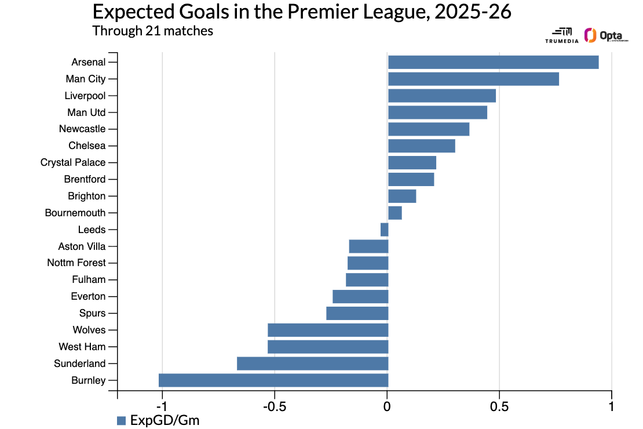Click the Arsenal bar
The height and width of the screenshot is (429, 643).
click(x=493, y=62)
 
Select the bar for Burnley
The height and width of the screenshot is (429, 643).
click(x=273, y=380)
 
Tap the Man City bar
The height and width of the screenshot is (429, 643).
click(x=473, y=79)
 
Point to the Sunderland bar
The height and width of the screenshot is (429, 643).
click(x=312, y=363)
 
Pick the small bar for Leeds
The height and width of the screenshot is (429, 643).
click(x=384, y=230)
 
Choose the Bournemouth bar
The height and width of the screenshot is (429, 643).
click(x=394, y=213)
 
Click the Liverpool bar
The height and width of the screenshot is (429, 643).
click(x=441, y=96)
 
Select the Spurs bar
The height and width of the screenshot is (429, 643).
click(x=357, y=314)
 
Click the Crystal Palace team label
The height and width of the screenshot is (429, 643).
click(x=73, y=162)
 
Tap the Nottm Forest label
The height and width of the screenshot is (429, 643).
click(x=76, y=263)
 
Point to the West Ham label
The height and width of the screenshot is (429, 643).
click(x=82, y=347)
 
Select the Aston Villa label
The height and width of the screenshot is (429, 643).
click(x=82, y=246)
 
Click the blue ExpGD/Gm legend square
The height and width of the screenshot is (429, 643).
click(x=121, y=420)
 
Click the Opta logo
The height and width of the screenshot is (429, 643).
click(x=606, y=35)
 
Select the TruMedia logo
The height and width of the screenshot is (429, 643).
click(x=561, y=35)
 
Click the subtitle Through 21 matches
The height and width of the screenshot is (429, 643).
click(x=152, y=31)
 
